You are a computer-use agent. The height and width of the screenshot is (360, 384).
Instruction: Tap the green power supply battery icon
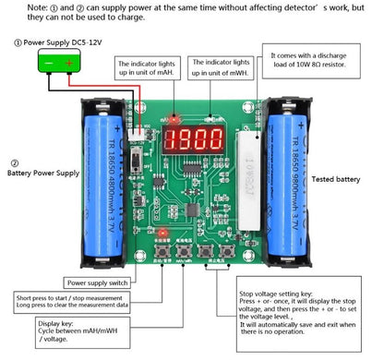[54, 63]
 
